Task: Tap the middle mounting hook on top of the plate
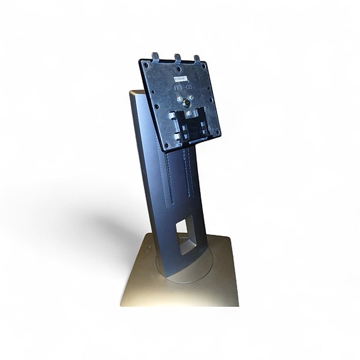pyautogui.click(x=178, y=58)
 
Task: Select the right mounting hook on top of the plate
pyautogui.click(x=197, y=61)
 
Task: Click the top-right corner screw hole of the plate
pyautogui.click(x=206, y=68)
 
